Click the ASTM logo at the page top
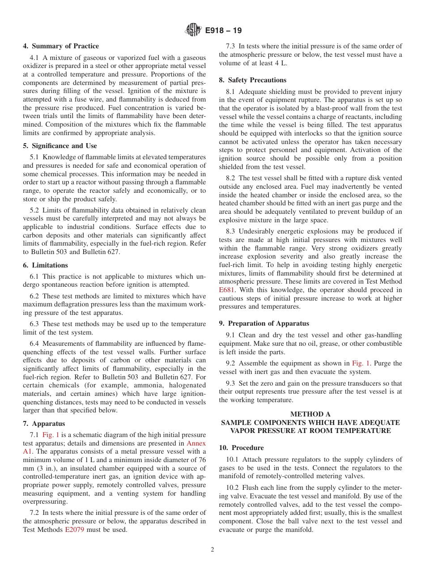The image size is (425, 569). pos(193,30)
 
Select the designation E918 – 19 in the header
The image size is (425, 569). pos(223,31)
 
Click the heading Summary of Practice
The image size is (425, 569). pos(61,46)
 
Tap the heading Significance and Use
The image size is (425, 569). pos(60,146)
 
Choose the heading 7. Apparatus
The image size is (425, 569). pos(44,424)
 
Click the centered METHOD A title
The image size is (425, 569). pos(310,414)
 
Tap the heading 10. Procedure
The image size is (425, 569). pos(241,448)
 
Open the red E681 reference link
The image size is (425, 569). pos(227,290)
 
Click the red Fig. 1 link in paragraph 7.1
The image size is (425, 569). pos(51,435)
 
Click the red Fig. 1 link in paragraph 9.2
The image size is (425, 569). pos(361,363)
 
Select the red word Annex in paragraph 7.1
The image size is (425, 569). pos(196,443)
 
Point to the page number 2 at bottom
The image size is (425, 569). pos(212,550)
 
